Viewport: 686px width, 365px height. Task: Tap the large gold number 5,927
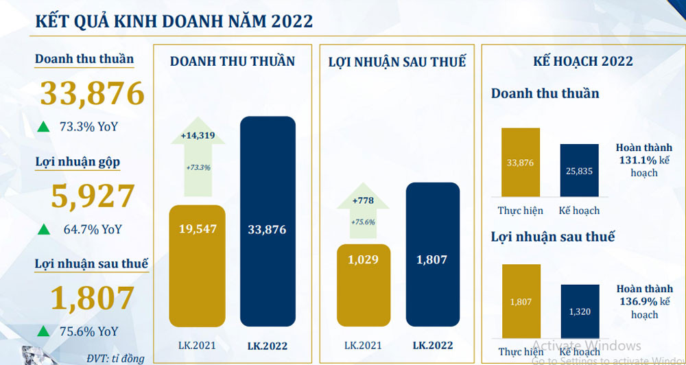pos(93,197)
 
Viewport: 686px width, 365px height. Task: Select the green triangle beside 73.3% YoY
pos(43,126)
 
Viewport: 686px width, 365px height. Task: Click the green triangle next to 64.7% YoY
pos(43,229)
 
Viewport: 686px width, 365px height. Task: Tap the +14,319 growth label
pos(198,136)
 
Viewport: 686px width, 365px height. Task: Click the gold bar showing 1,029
pos(364,281)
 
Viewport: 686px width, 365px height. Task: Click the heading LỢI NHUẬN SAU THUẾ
pos(397,62)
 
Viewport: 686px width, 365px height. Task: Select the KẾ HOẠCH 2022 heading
pos(583,62)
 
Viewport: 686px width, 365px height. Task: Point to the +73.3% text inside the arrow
pos(198,167)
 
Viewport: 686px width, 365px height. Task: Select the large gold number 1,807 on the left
pos(93,299)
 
